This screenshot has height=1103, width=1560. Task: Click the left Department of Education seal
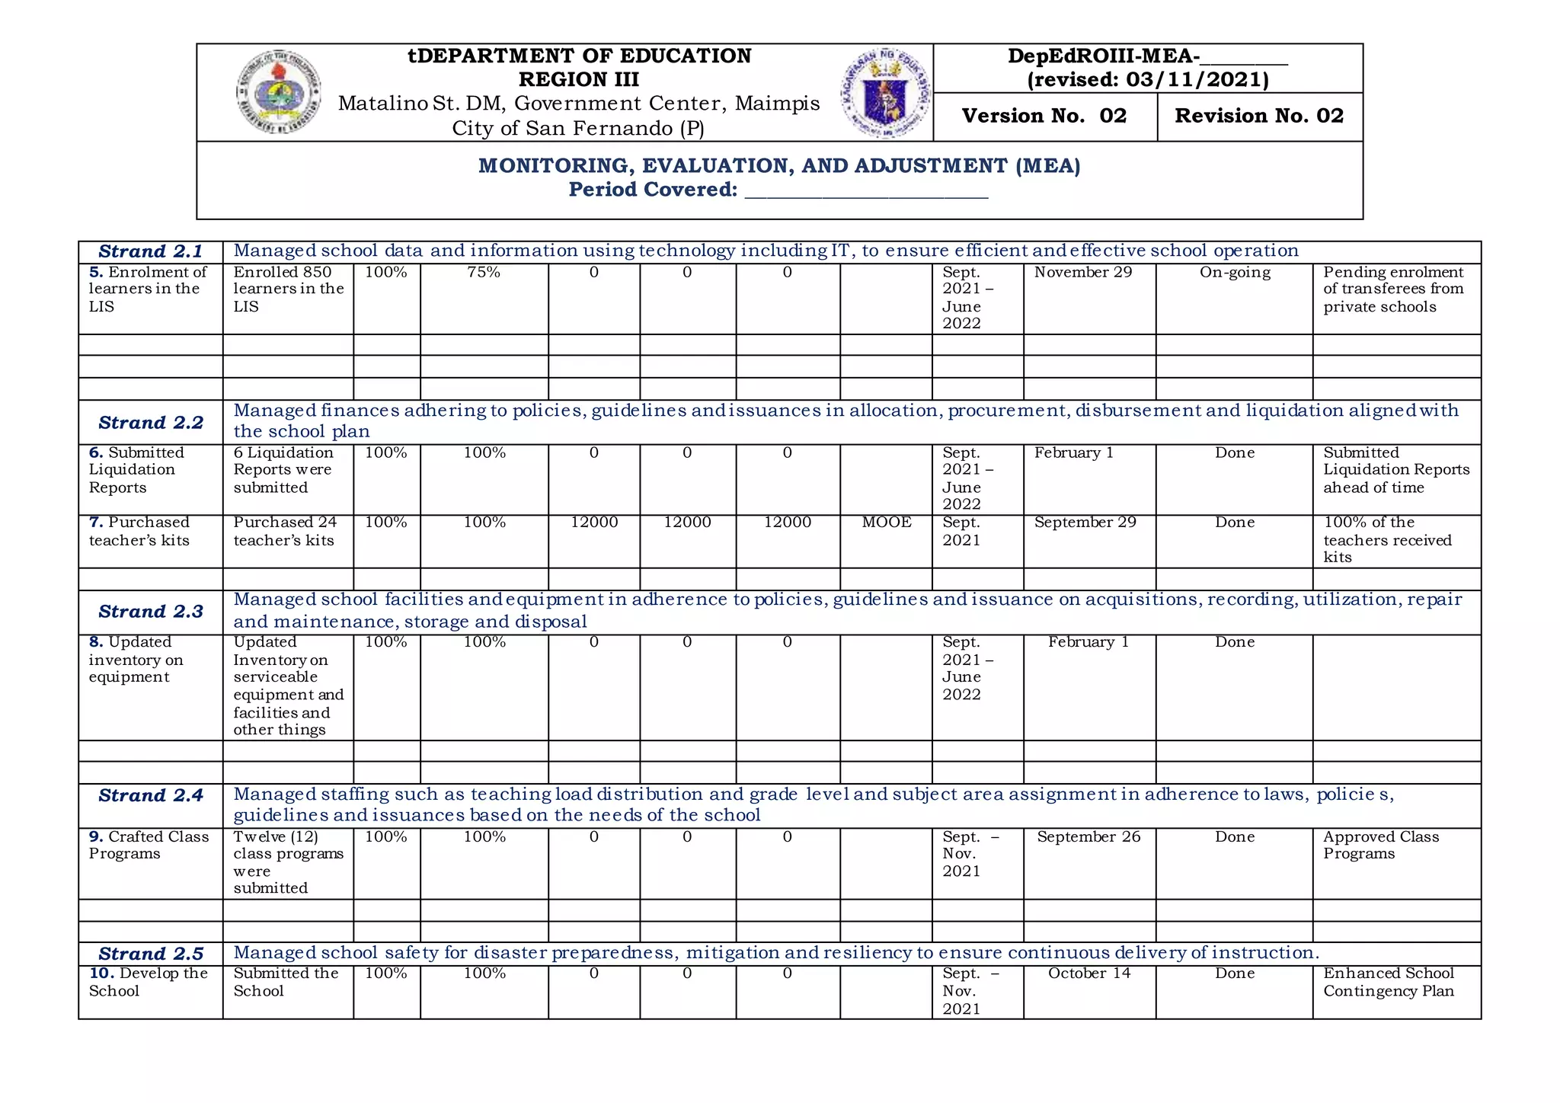278,92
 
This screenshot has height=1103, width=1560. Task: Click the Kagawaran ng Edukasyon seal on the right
885,93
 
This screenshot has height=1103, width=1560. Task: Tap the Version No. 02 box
1044,116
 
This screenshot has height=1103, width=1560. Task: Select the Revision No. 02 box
1258,116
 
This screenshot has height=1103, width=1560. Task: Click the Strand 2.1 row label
150,251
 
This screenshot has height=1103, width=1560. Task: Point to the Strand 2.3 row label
150,612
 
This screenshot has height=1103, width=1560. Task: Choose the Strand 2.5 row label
150,954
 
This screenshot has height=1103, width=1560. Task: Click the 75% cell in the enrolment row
484,273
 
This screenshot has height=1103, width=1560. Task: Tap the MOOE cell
886,523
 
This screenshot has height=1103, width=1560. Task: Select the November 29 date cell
1082,273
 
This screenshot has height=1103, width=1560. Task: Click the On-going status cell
1234,273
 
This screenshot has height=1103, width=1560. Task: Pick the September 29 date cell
1085,523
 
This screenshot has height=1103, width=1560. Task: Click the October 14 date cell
1088,974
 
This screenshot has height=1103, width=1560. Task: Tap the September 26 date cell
1088,837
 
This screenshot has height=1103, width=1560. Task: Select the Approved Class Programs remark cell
1380,846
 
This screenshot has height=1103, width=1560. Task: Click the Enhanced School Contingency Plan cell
1388,983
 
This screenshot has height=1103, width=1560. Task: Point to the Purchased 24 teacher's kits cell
284,532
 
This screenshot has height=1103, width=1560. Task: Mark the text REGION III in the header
578,79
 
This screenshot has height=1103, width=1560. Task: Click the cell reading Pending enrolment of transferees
1392,289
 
